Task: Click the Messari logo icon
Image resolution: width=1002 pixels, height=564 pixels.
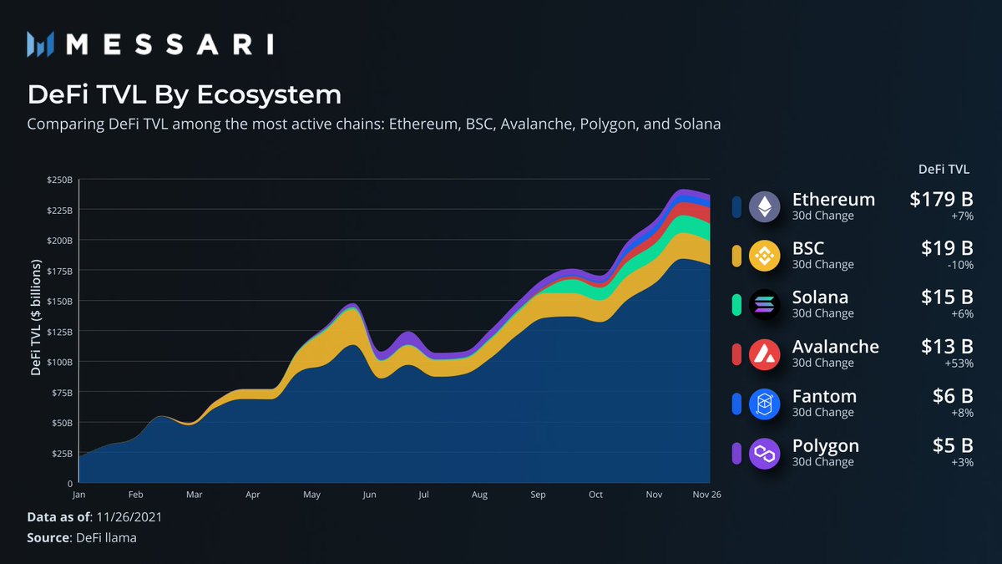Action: pos(41,43)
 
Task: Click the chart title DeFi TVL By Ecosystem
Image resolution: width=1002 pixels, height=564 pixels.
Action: pos(185,94)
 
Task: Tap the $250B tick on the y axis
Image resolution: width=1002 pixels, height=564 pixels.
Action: pos(59,180)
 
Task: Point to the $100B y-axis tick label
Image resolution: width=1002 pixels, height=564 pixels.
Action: pos(59,362)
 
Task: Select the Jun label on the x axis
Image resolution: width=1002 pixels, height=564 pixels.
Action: pos(368,495)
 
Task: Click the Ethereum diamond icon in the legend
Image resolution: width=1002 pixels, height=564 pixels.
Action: pos(764,206)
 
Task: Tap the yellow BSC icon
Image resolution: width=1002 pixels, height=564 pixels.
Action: pos(764,256)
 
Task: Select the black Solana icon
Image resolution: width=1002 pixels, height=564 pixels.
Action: pos(764,305)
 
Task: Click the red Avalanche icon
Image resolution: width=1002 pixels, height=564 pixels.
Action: pos(764,354)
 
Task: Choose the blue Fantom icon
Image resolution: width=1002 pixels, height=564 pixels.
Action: pos(764,404)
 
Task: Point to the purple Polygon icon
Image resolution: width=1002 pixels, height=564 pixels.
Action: pos(764,454)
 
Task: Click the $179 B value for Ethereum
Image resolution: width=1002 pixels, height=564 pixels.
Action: pos(941,200)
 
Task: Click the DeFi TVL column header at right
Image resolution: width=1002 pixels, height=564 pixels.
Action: pos(944,169)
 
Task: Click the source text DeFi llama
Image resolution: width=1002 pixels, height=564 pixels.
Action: pos(106,537)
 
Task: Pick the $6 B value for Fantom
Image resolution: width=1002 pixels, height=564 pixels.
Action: pos(953,397)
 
